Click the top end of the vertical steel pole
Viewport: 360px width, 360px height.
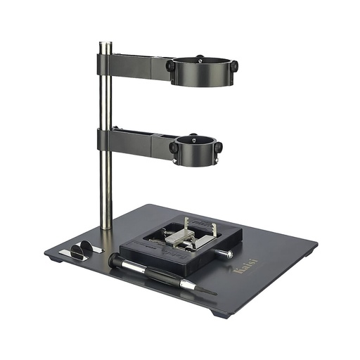pyautogui.click(x=105, y=46)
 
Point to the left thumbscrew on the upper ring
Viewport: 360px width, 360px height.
pyautogui.click(x=170, y=66)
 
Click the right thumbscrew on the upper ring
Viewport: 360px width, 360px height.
pyautogui.click(x=233, y=66)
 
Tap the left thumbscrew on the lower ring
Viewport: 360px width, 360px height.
pyautogui.click(x=173, y=148)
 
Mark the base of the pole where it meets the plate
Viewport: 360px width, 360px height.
pyautogui.click(x=105, y=226)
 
